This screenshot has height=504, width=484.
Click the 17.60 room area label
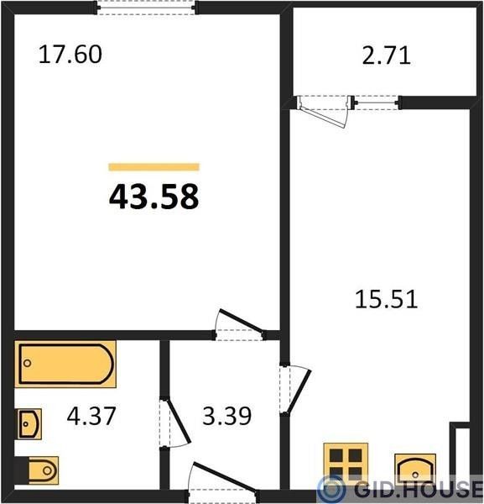[x=70, y=55]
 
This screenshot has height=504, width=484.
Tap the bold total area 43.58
[x=154, y=197]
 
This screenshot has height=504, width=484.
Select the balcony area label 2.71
[x=387, y=56]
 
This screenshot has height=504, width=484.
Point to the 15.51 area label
[x=387, y=299]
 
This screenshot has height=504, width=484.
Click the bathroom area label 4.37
[x=91, y=416]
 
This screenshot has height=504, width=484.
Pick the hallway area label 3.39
[x=227, y=416]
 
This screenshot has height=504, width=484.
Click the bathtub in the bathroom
[x=65, y=364]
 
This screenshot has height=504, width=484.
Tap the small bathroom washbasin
[x=29, y=424]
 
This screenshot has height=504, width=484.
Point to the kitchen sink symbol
[x=415, y=470]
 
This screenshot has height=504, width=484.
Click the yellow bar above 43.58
[x=154, y=167]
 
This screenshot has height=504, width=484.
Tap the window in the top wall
[x=146, y=7]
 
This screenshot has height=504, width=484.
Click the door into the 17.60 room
[x=239, y=325]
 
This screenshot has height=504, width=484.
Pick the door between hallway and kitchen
[x=294, y=388]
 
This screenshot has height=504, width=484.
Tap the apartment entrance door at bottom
[x=224, y=482]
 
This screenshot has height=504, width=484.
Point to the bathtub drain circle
[x=28, y=363]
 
